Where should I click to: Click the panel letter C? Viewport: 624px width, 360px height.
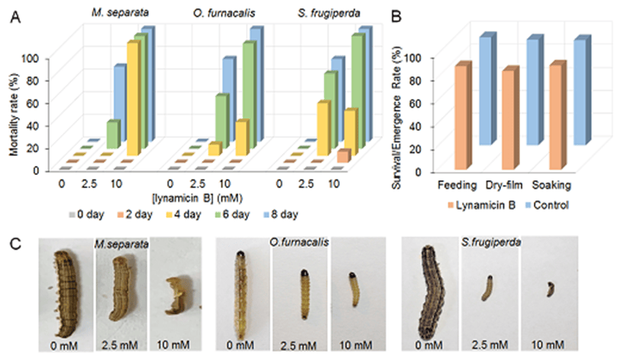click(x=25, y=242)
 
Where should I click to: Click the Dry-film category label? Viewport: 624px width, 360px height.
click(x=503, y=186)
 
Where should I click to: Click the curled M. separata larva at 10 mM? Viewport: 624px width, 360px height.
click(x=173, y=291)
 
